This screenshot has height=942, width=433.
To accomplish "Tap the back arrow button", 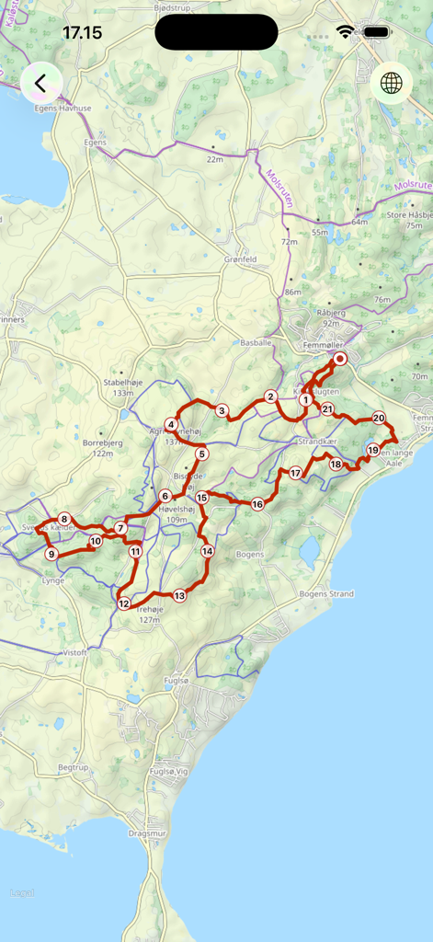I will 40,84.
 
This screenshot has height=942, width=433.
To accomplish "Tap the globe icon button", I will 392,84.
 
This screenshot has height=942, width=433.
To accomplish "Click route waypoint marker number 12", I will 124,603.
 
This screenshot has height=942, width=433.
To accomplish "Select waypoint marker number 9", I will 51,554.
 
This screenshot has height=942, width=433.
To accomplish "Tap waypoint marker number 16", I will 257,504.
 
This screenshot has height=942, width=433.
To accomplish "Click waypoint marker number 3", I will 222,410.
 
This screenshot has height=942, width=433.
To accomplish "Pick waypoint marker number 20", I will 379,418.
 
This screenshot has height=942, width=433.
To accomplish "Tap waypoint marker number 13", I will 179,595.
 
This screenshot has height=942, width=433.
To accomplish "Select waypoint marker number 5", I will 201,454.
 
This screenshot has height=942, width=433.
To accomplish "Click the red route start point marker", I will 339,360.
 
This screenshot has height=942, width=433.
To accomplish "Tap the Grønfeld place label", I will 240,259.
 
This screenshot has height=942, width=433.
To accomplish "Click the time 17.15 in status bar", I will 82,33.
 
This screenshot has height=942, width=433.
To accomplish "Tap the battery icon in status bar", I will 376,32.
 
